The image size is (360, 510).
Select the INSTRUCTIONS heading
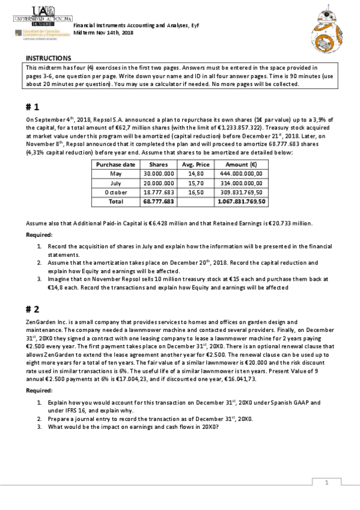click(x=48, y=58)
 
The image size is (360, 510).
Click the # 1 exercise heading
click(x=32, y=106)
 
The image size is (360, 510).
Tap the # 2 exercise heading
click(x=32, y=309)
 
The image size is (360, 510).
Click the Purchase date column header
click(x=116, y=164)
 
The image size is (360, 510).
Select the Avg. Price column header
click(x=195, y=164)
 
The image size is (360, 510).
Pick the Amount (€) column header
click(x=240, y=164)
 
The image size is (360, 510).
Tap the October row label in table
click(x=116, y=192)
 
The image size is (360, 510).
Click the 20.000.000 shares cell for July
click(x=158, y=183)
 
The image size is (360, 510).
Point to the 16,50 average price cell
click(x=195, y=192)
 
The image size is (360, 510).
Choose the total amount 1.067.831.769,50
click(x=241, y=201)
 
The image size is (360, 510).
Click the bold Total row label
click(x=116, y=201)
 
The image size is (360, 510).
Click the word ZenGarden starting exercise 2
click(x=39, y=323)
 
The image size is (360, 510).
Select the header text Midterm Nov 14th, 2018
click(x=103, y=34)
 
